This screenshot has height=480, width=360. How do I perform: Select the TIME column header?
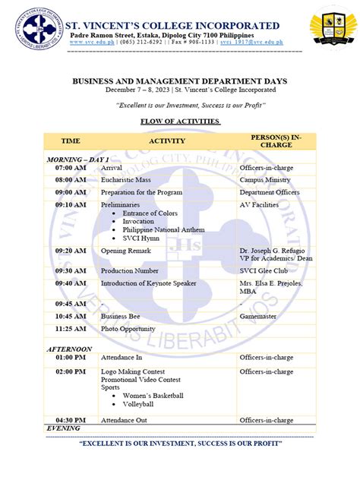(x=71, y=141)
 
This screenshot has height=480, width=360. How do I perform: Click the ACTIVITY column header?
(x=167, y=141)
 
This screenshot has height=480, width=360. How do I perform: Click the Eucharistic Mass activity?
(x=126, y=180)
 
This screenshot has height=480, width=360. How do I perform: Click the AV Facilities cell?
(x=261, y=204)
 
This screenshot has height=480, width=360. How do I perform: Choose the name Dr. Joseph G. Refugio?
(x=275, y=249)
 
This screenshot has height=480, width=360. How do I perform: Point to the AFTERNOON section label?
(x=70, y=349)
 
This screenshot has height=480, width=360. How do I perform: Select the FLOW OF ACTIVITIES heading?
(x=180, y=122)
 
